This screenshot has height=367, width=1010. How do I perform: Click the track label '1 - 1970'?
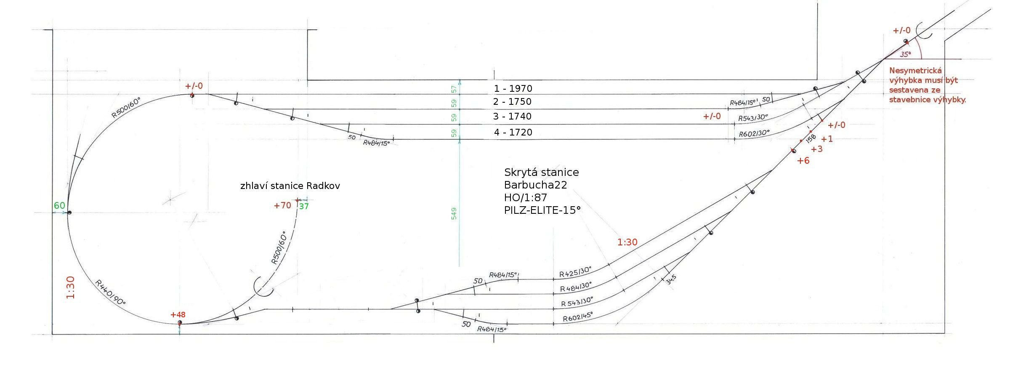pos(513,88)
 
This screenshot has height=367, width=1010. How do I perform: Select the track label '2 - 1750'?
pos(512,101)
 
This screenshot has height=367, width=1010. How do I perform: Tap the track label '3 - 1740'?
pos(512,116)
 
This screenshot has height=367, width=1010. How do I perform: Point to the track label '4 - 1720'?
pos(513,132)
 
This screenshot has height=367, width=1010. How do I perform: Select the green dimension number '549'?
pos(454,213)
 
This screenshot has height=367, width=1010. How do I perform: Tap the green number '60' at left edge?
pos(59,205)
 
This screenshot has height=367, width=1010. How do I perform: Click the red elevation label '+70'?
pos(282,205)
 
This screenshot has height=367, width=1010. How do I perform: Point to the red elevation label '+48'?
pos(178,314)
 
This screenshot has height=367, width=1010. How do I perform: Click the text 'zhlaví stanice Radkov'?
pos(290,186)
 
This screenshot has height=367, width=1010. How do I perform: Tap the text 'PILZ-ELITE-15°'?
pos(542,210)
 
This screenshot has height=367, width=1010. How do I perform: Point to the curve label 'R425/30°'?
pos(575,271)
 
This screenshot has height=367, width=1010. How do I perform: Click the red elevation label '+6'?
pos(803,160)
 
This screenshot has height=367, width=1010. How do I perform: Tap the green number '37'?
pos(304,206)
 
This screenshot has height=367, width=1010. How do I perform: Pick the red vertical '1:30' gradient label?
pos(70,287)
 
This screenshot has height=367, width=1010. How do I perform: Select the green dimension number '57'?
pos(454,89)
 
